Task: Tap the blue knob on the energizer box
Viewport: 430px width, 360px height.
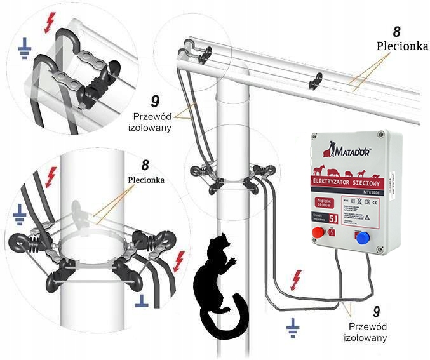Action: click(363, 239)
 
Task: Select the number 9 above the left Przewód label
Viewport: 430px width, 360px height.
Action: click(154, 101)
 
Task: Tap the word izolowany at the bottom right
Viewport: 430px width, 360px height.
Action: click(365, 338)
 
